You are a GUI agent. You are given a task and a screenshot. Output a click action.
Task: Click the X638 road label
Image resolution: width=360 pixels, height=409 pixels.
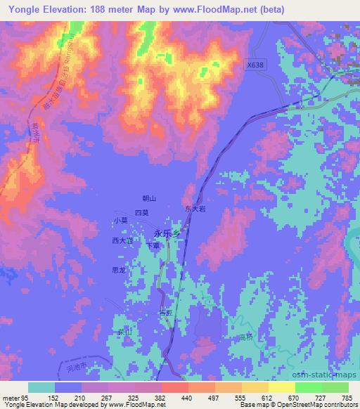point(257,65)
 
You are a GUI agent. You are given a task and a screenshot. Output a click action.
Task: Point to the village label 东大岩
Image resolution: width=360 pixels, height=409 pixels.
point(195,209)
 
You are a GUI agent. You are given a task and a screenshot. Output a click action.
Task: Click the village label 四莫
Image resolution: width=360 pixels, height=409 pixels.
point(141,212)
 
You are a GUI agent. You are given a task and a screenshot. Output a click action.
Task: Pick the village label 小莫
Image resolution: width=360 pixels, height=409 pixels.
point(120,220)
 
